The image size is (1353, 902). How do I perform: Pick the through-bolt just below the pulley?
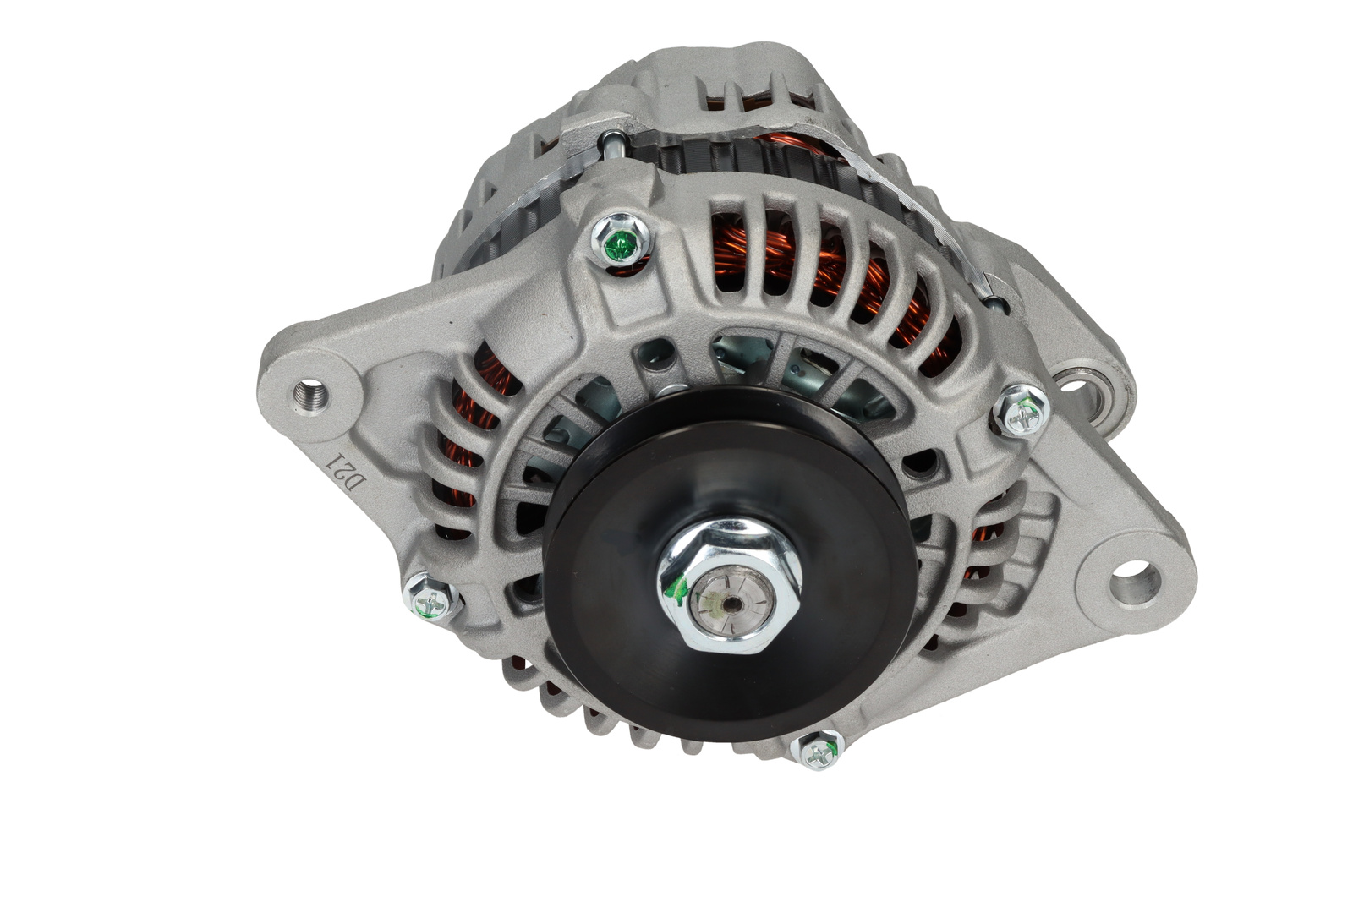point(817,750)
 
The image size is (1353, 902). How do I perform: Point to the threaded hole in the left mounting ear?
point(310,395)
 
